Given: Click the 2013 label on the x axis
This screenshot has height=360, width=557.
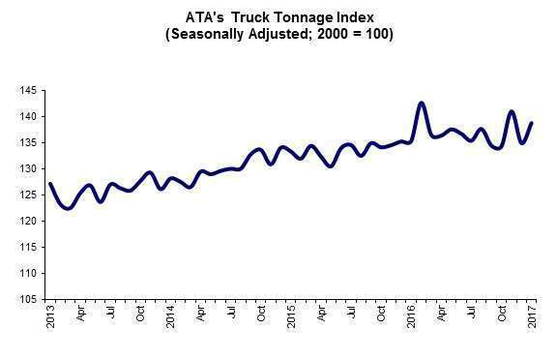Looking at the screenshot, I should coord(50,317).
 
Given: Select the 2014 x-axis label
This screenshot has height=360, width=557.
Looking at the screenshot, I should coord(170,317).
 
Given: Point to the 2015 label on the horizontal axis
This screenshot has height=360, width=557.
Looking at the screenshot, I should coord(291,317).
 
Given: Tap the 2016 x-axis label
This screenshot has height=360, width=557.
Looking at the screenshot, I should coord(411,317).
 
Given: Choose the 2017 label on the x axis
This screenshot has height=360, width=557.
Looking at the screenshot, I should coord(532,317).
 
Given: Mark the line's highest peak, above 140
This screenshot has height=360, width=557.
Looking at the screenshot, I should coord(421,103).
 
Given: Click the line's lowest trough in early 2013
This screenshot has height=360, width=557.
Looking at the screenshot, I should coord(68,208).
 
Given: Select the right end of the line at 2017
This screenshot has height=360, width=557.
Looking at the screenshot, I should coord(532,123).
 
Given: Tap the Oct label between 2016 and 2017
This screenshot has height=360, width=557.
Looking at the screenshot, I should coord(502,315).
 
